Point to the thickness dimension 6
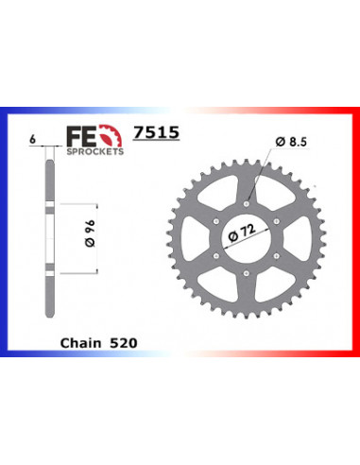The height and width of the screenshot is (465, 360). [x=33, y=138]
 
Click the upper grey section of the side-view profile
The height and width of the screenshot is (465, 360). [x=47, y=176]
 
